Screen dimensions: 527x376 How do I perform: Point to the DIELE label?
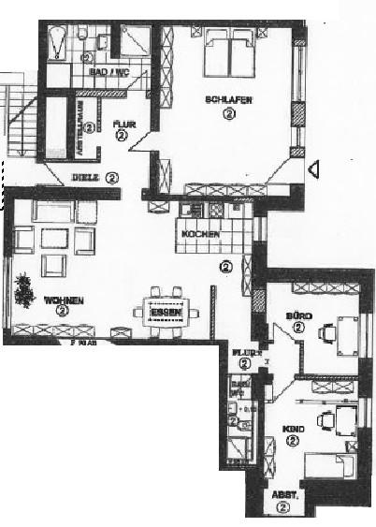[x=86, y=175]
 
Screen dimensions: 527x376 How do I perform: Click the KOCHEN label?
[x=200, y=233]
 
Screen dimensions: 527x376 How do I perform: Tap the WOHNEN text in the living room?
[x=64, y=300]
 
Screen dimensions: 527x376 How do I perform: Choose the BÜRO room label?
[x=297, y=316]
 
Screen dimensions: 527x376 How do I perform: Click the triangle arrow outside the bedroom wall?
[x=314, y=168]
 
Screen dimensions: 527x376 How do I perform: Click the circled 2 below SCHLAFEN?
[x=229, y=113]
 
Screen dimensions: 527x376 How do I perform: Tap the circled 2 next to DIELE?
[x=112, y=175]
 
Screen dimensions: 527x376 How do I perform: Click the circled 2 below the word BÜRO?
[x=297, y=329]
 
